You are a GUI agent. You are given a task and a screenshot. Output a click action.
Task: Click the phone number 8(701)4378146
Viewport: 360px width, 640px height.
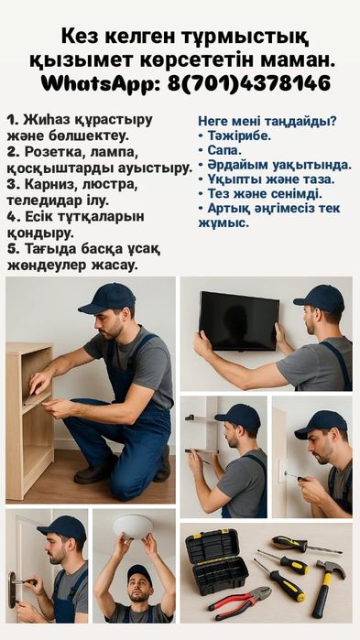[x=248, y=83]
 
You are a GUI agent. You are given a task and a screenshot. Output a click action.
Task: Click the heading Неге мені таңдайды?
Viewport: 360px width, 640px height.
[x=267, y=121]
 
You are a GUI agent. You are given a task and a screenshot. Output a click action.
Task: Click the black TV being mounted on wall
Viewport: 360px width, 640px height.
[x=239, y=321]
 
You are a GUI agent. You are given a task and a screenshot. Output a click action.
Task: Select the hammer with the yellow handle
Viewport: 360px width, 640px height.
[x=325, y=587]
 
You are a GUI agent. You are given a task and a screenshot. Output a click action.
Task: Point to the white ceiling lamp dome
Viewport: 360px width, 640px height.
[x=133, y=526]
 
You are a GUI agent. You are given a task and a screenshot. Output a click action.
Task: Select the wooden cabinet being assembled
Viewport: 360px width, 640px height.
[x=30, y=420]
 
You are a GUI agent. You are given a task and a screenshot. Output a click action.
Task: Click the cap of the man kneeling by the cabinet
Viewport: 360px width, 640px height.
[x=108, y=298]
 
